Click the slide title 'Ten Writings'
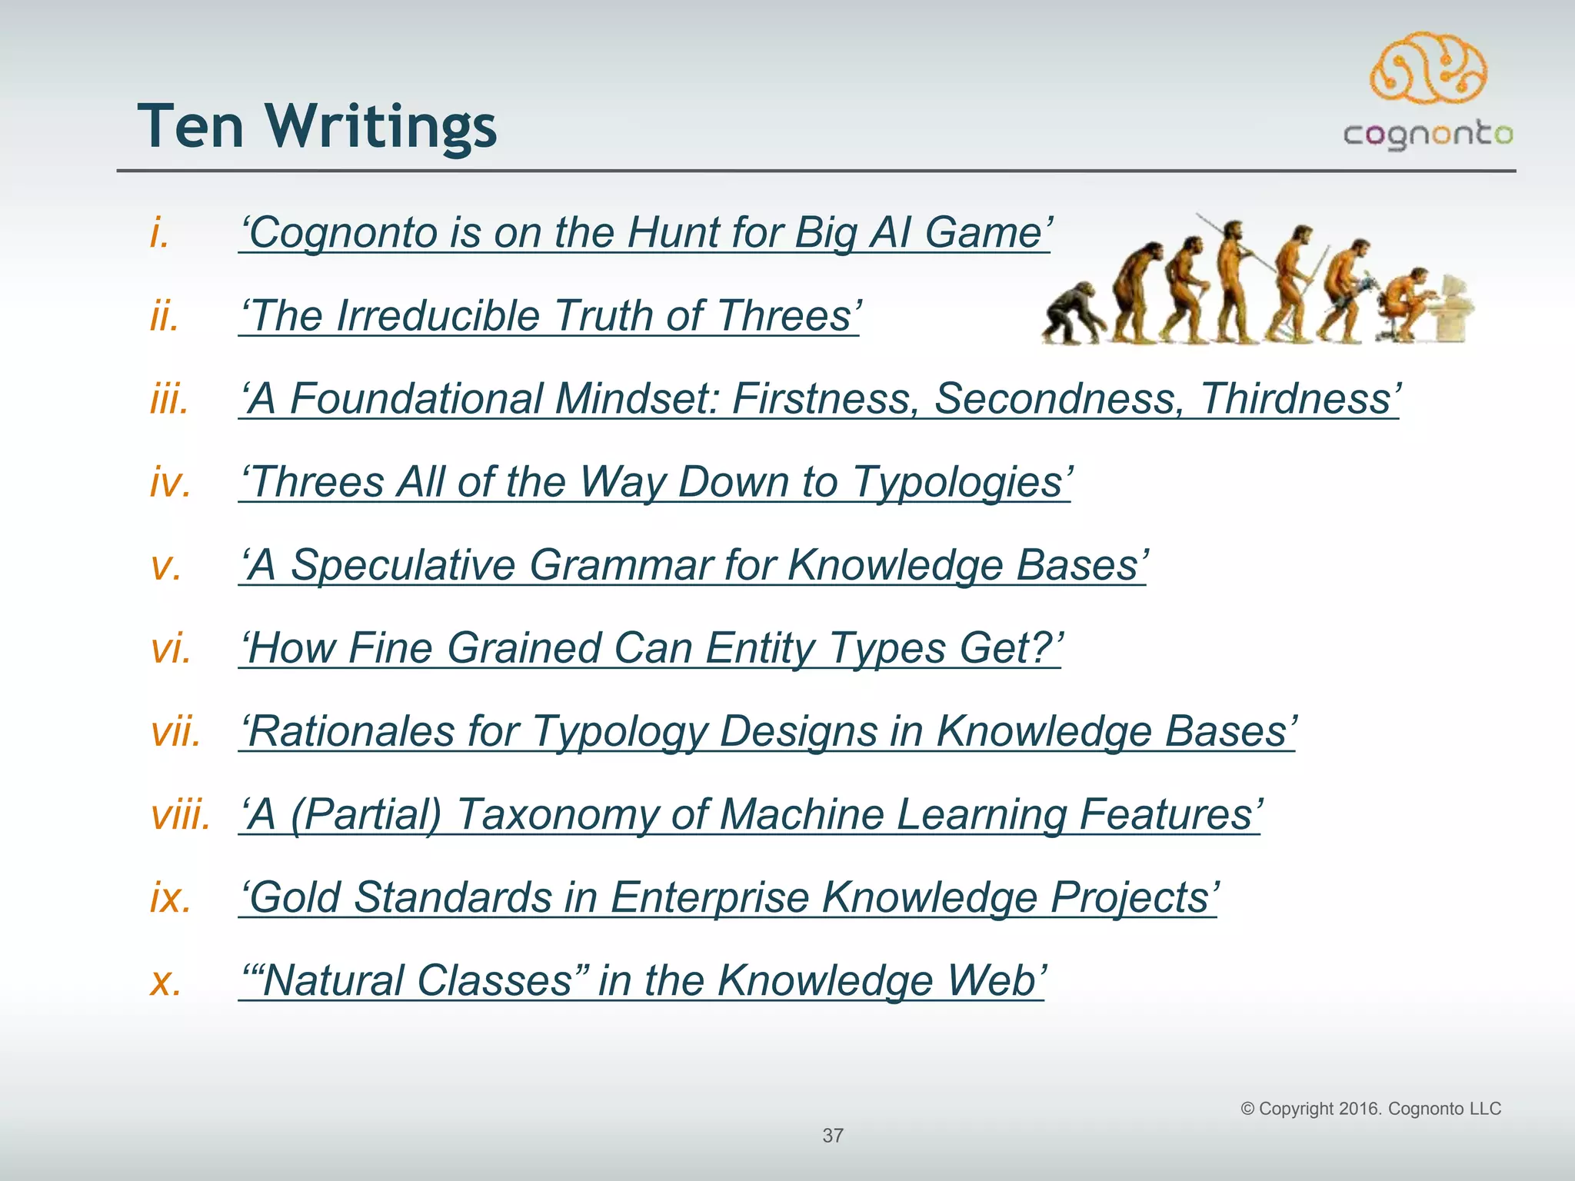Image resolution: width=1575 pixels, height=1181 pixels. pos(317,126)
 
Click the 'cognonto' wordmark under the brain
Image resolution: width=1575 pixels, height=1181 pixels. pos(1428,135)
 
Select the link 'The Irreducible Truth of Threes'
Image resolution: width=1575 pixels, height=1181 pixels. pos(549,316)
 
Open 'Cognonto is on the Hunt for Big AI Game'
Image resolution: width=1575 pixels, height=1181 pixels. pos(644,233)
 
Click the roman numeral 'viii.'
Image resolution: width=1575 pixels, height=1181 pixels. pos(181,815)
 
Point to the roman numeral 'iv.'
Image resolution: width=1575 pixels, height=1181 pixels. pos(170,483)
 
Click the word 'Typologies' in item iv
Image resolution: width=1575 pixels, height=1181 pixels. pos(961,483)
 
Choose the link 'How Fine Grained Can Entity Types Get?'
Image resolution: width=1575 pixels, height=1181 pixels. pos(650,648)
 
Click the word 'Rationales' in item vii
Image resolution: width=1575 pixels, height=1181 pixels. pos(351,731)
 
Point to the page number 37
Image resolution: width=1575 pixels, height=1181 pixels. pos(833,1136)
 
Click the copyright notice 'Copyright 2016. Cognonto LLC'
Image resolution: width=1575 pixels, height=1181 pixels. pos(1370,1109)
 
